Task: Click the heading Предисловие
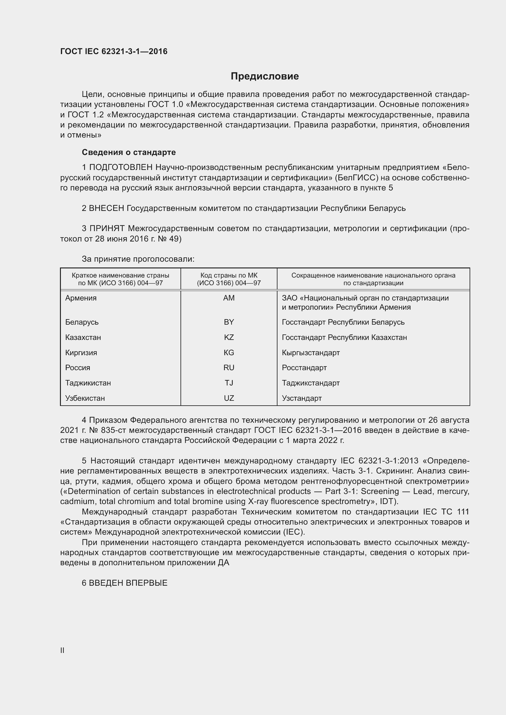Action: coord(265,76)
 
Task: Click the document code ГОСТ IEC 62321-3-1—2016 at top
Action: coord(114,51)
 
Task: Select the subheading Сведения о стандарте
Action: coord(129,152)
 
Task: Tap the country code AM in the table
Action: coord(229,298)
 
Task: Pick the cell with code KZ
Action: coord(229,337)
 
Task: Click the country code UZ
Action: coord(229,398)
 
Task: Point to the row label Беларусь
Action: coord(82,322)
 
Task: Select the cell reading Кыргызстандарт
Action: coord(311,352)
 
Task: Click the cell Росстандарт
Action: coord(304,367)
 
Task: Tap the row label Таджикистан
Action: coord(88,383)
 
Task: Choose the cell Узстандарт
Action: coord(302,398)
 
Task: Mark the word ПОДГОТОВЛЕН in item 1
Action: coord(121,167)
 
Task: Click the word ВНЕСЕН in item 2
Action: coord(106,208)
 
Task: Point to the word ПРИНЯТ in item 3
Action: coord(107,228)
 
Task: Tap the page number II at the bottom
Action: coord(62,650)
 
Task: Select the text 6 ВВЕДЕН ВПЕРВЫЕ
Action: coord(125,583)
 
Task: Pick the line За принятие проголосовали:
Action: coord(138,259)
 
